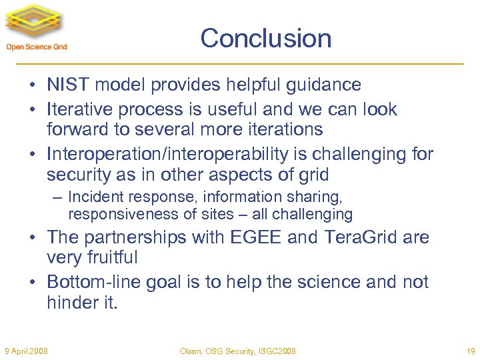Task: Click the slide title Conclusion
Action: tap(265, 38)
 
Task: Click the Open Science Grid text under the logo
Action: tap(37, 47)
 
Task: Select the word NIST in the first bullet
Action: tap(65, 85)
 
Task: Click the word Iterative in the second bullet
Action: tap(79, 109)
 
